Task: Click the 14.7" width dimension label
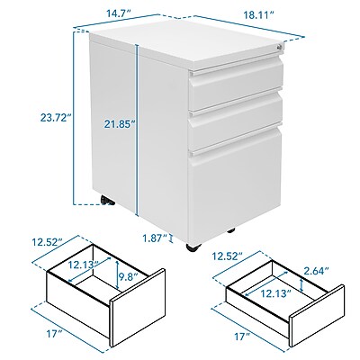click(120, 13)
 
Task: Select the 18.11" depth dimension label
click(258, 15)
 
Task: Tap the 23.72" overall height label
click(58, 117)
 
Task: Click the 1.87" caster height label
click(155, 238)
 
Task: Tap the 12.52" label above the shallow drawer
click(228, 256)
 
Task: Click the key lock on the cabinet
click(280, 47)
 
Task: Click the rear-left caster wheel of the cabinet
click(107, 200)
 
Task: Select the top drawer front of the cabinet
click(237, 85)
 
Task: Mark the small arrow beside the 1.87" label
click(171, 238)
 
